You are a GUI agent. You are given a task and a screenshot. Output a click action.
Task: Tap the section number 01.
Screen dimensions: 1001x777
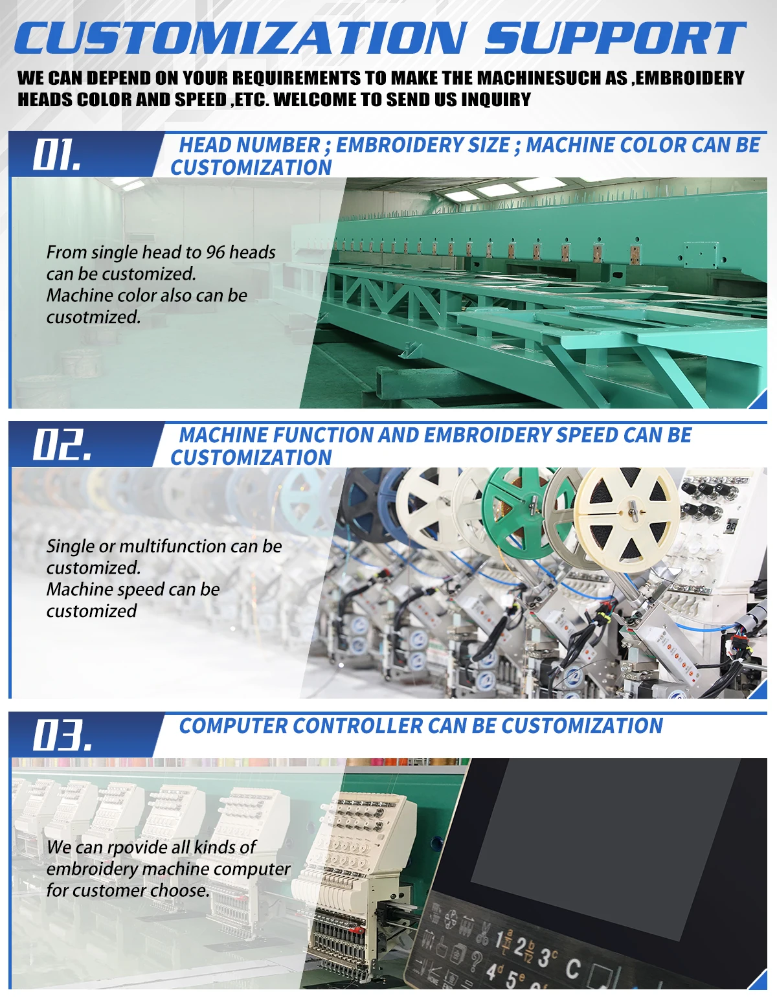pos(57,155)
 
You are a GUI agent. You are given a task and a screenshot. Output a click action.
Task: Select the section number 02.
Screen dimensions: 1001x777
pos(62,445)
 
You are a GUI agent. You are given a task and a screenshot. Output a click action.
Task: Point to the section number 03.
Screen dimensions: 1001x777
pos(62,736)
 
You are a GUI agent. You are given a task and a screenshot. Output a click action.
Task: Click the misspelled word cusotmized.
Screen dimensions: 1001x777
pos(93,317)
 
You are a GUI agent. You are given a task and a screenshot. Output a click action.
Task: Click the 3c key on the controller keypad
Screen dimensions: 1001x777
pos(548,958)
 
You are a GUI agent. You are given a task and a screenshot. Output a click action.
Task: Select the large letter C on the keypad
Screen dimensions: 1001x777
pos(573,969)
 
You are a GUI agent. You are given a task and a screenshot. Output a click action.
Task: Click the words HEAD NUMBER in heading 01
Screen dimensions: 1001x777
pos(249,145)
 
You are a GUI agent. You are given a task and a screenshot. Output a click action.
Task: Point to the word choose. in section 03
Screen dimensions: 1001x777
pos(179,891)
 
